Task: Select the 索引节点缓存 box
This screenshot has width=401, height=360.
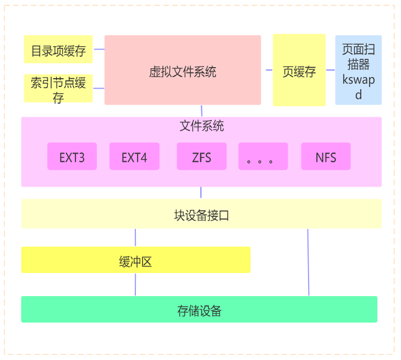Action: (58, 89)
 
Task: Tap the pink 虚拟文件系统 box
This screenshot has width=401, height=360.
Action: (183, 70)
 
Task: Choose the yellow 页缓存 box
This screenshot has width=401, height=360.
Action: (299, 70)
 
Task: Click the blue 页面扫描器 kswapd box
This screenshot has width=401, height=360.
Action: (358, 70)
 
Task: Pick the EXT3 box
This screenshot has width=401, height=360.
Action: (72, 157)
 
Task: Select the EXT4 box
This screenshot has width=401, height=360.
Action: (134, 157)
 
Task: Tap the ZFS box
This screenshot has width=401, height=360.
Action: (201, 157)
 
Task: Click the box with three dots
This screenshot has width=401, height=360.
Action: (263, 157)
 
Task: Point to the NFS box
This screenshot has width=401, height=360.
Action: (326, 157)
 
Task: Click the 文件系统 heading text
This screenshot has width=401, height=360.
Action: (201, 126)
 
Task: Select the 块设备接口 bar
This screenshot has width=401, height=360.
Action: (201, 215)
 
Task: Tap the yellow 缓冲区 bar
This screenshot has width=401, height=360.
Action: (135, 260)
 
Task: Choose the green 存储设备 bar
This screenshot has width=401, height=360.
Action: (199, 309)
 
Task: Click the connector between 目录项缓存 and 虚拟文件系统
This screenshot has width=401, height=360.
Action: (99, 49)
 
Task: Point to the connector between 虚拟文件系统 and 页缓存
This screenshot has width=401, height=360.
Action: (267, 70)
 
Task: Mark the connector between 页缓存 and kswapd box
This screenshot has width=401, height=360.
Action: (331, 70)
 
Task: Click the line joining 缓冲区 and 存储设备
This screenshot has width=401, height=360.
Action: (135, 285)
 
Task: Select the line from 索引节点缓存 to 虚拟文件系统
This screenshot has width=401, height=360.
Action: (99, 88)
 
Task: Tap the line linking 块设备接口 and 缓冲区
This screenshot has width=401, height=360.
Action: (135, 238)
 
